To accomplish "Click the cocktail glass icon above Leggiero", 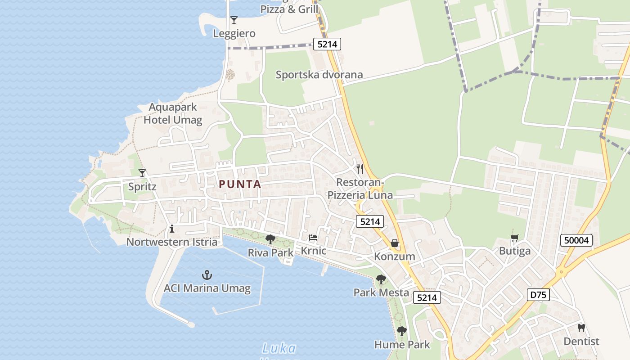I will point(234,20).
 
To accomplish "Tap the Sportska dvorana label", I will point(319,75).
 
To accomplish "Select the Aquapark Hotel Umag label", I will point(173,114).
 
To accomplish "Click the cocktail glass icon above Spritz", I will point(142,173).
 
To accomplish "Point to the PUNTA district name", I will point(240,184).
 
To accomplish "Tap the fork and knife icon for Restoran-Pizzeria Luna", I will point(360,169).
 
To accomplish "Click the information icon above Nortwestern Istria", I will point(172,229).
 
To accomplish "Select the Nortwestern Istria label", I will point(172,242).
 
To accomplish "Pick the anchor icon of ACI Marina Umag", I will point(207,274).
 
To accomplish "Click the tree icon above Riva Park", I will point(270,239).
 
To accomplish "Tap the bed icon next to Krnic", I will point(313,238).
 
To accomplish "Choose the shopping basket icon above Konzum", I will point(395,243).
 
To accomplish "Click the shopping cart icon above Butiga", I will point(515,238).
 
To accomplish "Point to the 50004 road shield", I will point(576,240).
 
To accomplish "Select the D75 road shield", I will point(538,295).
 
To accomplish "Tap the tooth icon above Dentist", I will point(581,328).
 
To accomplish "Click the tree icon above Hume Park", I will point(402,332).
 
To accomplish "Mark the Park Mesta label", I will point(381,292).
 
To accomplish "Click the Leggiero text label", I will point(234,33).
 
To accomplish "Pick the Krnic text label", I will point(313,251).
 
